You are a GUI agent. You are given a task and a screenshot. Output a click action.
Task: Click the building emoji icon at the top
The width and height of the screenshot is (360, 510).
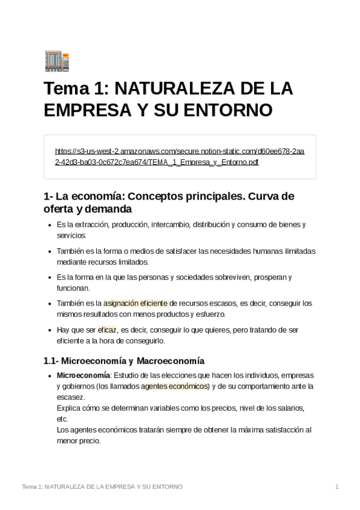pos(57,61)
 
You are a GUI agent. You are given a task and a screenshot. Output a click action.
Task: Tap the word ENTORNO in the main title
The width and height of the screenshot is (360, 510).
pos(230,110)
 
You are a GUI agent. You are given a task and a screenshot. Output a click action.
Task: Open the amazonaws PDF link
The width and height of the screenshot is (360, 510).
pos(179,156)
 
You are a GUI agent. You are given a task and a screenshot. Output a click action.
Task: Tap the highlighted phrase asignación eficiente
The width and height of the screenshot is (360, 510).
pos(135,304)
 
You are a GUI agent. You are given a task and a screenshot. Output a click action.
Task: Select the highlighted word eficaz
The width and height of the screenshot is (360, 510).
pos(107,330)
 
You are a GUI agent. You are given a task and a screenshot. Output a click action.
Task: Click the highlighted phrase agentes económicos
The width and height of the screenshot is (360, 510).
pos(174,386)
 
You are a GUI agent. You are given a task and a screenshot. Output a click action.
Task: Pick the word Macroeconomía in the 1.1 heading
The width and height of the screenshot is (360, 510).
pos(171,361)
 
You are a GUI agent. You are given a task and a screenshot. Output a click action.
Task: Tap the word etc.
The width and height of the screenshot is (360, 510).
pos(62,419)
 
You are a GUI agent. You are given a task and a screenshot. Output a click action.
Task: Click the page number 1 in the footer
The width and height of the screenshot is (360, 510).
pos(337,486)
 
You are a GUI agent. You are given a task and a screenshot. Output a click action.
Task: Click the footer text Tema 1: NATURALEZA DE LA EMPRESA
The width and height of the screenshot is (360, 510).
pos(102,486)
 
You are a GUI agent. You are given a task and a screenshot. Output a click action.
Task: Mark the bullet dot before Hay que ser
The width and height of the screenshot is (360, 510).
pos(49,330)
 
